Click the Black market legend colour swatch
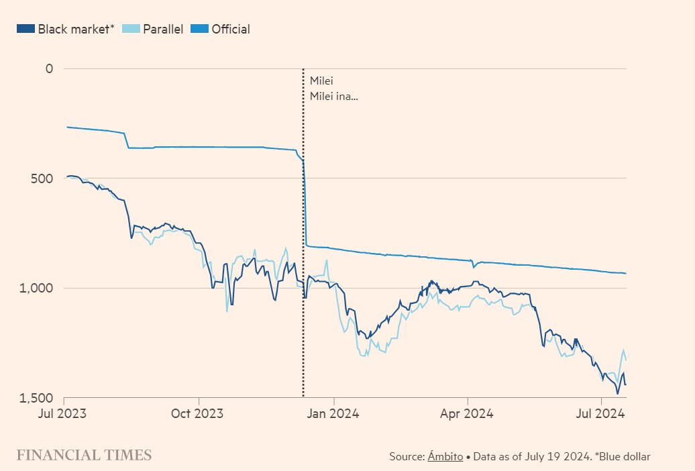tap(25, 29)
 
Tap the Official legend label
tap(231, 29)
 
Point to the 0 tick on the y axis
tap(49, 68)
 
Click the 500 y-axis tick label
tap(42, 178)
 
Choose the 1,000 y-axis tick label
tap(39, 288)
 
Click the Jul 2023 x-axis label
tap(65, 413)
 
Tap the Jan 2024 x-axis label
tap(333, 413)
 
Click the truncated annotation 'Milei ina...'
tap(333, 97)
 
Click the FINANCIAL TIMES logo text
tap(85, 456)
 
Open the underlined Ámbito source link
tap(445, 456)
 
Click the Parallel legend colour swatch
tap(132, 29)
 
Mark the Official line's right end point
tap(626, 273)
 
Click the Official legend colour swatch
tap(200, 29)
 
